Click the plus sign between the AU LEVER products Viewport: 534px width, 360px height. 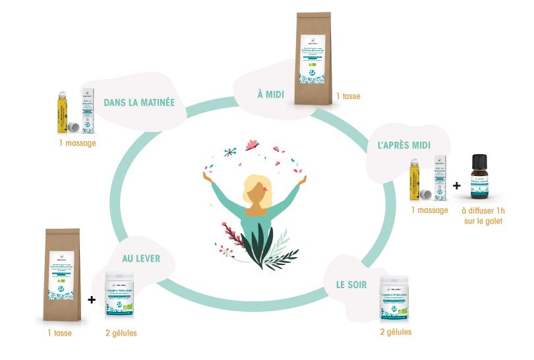[92, 299]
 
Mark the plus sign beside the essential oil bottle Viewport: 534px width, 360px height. [457, 185]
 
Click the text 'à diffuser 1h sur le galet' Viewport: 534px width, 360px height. [482, 216]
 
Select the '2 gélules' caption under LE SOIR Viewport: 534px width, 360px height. [396, 332]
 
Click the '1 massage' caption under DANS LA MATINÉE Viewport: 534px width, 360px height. [76, 142]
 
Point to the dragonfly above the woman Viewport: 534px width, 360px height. [228, 152]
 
